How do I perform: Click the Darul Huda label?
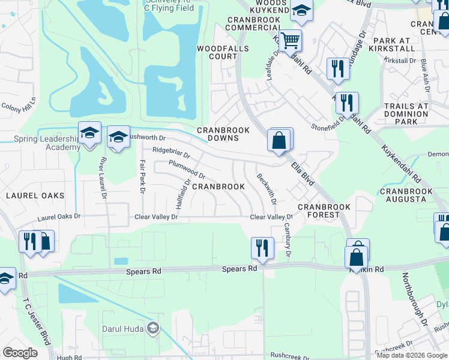(x=125, y=329)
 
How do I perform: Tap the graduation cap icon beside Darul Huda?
(x=154, y=327)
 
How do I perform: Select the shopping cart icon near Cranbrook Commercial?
(x=290, y=41)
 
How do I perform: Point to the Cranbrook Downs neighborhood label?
(x=219, y=134)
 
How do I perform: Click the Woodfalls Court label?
(x=218, y=52)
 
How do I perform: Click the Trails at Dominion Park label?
(x=406, y=113)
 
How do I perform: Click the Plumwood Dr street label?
(x=187, y=170)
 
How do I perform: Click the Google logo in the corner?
(x=20, y=352)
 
